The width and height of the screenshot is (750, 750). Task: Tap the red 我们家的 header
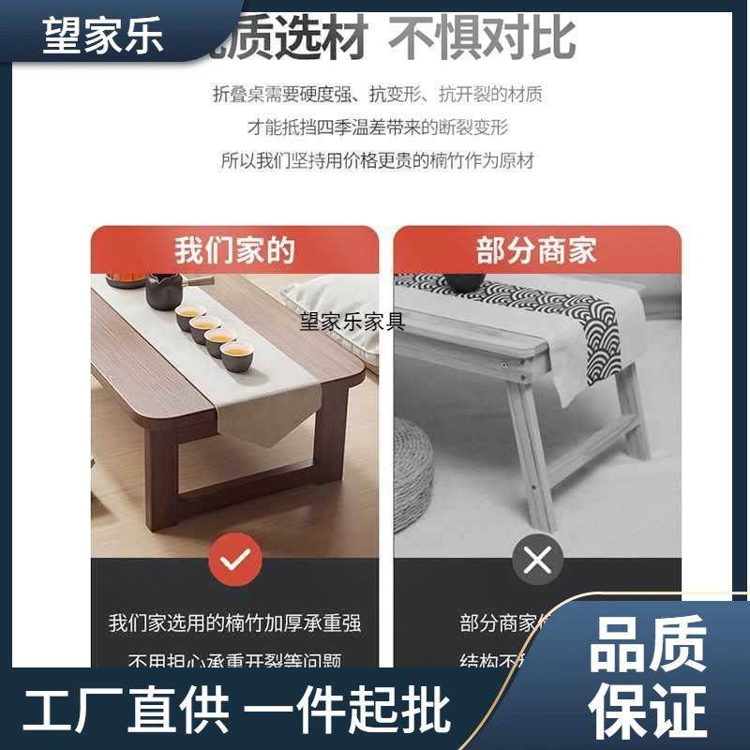[x=234, y=251]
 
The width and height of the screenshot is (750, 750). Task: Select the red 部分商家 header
[x=536, y=251]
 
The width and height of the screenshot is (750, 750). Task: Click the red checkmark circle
[x=234, y=561]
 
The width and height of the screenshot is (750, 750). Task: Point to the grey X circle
[x=536, y=561]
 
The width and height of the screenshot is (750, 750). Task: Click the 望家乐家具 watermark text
[x=352, y=322]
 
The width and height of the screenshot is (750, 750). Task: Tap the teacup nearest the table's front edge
[x=235, y=359]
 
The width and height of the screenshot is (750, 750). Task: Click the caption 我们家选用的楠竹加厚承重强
[x=234, y=623]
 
